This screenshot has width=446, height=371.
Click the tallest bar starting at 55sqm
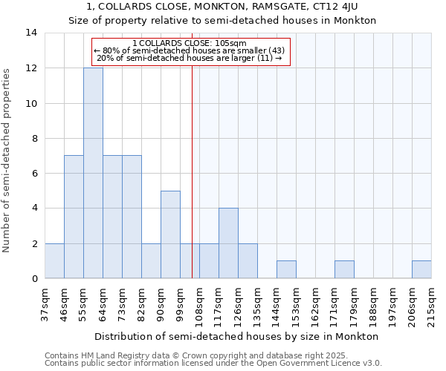(93, 173)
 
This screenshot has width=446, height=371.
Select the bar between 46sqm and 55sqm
(74, 217)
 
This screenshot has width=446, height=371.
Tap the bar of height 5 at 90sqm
(170, 234)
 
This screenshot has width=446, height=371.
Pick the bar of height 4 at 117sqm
(228, 243)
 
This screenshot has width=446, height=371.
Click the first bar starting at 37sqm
(54, 260)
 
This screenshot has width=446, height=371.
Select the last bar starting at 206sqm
(421, 269)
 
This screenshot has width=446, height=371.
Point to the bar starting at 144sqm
(286, 269)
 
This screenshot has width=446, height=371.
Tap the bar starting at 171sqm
(344, 269)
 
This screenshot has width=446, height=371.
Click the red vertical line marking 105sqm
(193, 171)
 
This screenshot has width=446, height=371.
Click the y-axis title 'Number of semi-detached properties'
(8, 160)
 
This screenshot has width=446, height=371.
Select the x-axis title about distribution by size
(238, 336)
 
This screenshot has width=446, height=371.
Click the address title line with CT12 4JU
(223, 7)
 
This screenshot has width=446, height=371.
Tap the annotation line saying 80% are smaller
(190, 50)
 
